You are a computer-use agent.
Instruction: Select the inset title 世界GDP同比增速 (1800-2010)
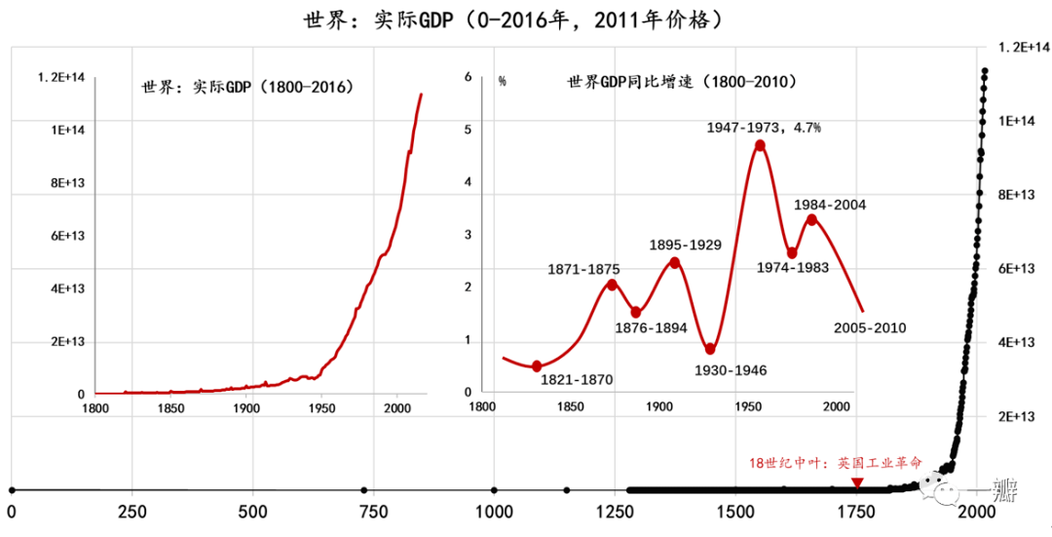(682, 83)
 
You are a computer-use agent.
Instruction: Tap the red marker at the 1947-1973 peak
(760, 146)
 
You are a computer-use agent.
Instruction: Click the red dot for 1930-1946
(710, 349)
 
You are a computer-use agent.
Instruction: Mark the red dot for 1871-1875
(612, 285)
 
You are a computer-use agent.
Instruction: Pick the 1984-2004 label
(829, 205)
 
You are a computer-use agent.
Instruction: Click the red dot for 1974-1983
(792, 253)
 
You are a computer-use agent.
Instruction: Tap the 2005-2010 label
(870, 328)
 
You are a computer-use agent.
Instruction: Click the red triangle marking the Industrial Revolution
(856, 482)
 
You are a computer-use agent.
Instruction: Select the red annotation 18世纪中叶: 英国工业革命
(834, 464)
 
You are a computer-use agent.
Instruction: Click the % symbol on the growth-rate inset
(503, 81)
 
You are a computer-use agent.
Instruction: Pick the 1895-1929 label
(685, 245)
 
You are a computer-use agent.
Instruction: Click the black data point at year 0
(12, 490)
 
